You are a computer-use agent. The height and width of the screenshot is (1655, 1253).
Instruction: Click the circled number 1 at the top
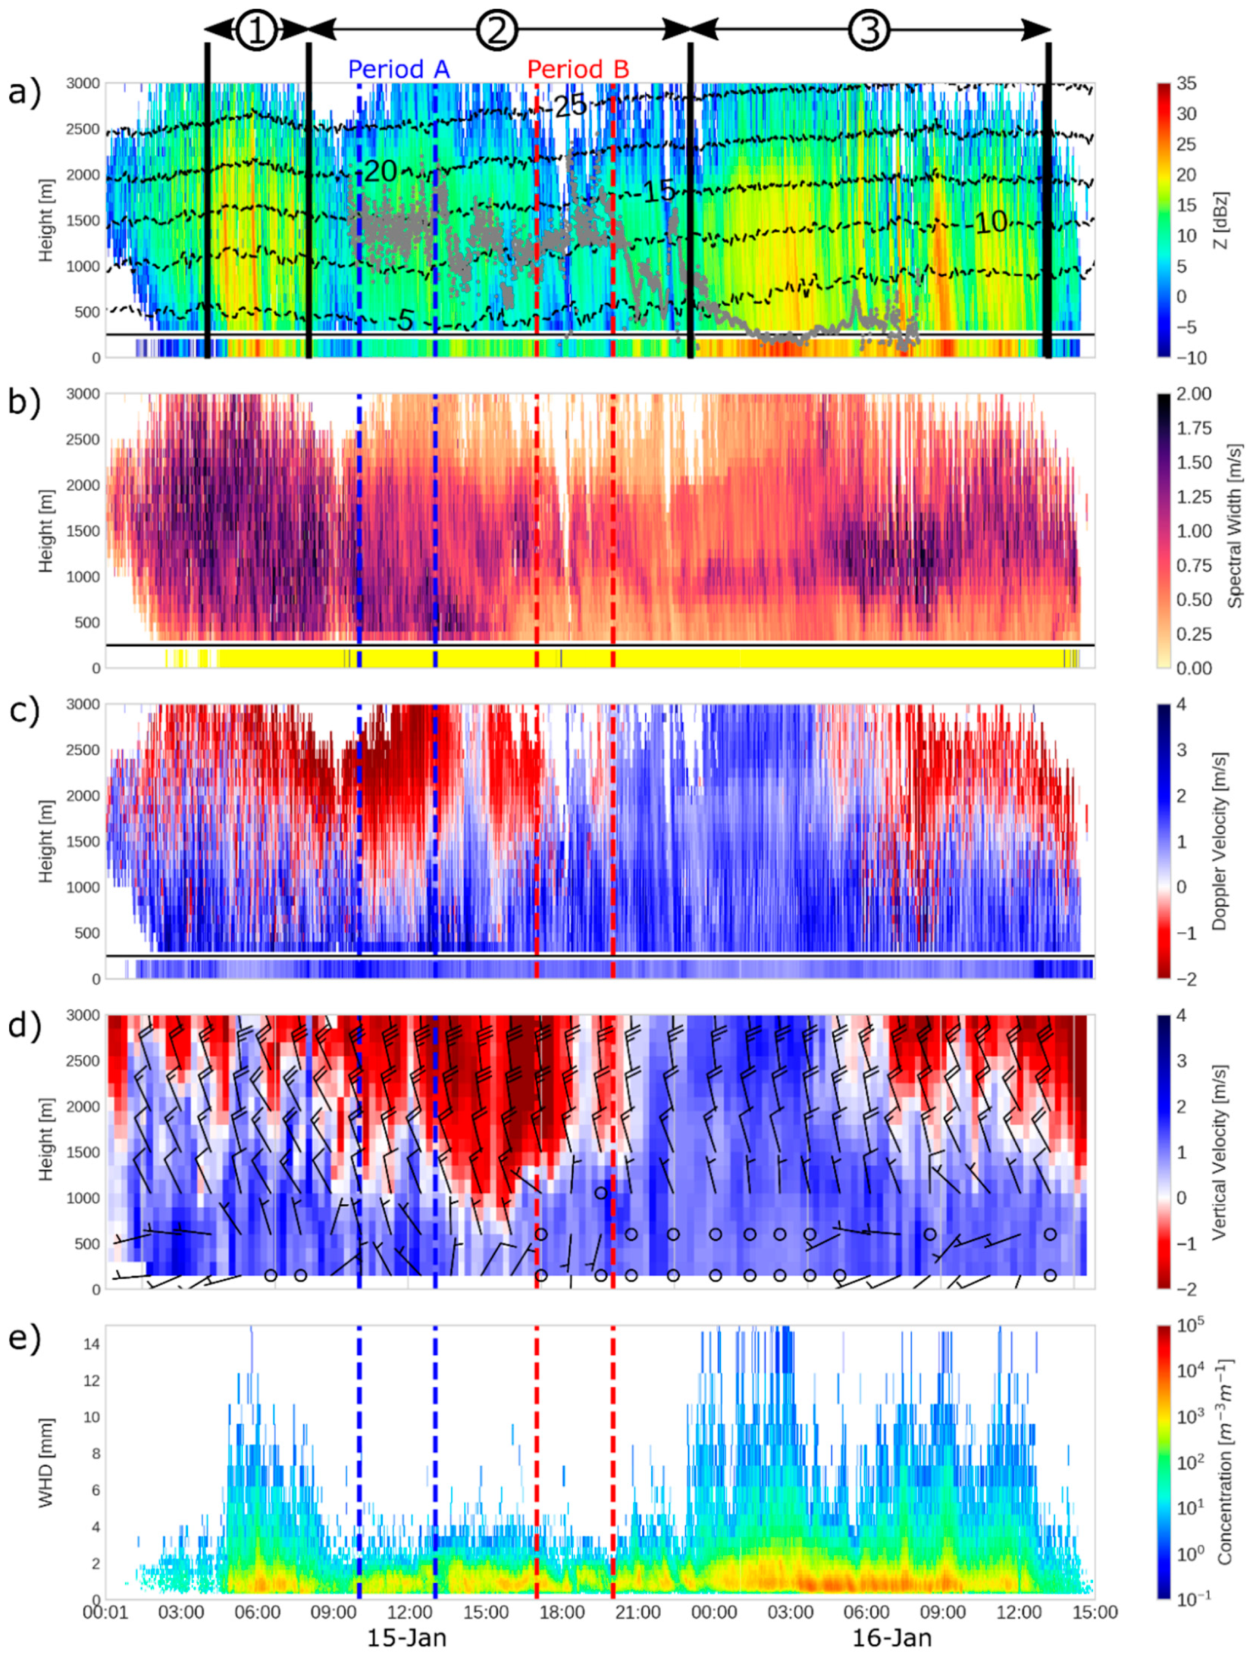point(257,30)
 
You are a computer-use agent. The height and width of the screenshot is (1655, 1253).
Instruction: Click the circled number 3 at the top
point(869,30)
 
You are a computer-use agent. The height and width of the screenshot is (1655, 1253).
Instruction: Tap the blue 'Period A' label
point(398,69)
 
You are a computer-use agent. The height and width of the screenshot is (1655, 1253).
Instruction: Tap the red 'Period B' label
point(578,69)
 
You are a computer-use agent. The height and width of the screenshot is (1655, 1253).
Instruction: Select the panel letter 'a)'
point(23,95)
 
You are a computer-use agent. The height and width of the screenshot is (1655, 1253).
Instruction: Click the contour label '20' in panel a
point(380,172)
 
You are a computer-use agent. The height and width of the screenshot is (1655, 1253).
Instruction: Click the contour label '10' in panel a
point(991,222)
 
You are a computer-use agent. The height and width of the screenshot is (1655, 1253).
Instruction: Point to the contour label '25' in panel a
point(570,106)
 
